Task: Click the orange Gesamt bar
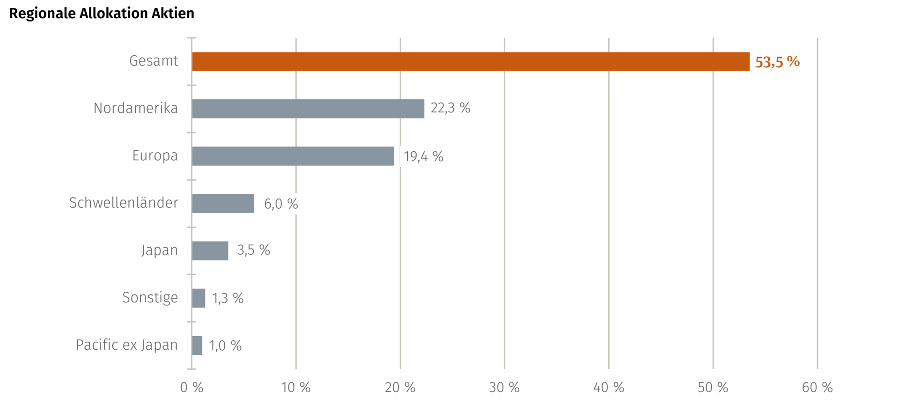coord(471,61)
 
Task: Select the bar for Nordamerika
coord(309,109)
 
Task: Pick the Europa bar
coord(294,156)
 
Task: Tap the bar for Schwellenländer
coord(224,204)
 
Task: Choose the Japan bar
coord(211,251)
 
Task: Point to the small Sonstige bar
coord(199,298)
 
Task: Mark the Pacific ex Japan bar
coord(198,345)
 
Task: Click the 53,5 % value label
coord(777,61)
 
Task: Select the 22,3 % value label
coord(450,108)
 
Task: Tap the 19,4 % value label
coord(424,156)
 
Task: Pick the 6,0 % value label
coord(281,204)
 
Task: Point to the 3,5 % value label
coord(254,250)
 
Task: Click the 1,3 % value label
coord(228,298)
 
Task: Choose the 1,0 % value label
coord(225,345)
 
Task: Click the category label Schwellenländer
coord(124,203)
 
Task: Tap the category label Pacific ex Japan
coord(126,345)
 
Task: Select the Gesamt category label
coord(154,61)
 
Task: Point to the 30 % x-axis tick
coord(504,387)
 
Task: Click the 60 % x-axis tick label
coord(817,387)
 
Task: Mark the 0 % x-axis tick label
coord(192,387)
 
